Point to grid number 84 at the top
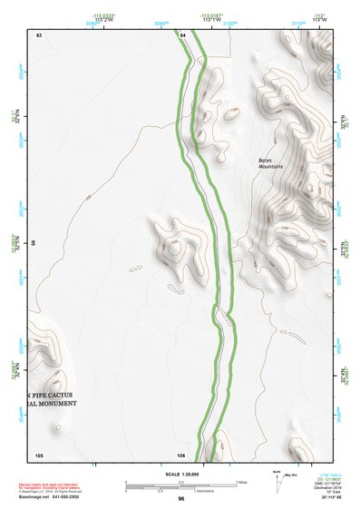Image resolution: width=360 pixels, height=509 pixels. [182, 34]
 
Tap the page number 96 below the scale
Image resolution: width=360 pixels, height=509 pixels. [181, 498]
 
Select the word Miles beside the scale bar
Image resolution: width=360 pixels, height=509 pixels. [241, 481]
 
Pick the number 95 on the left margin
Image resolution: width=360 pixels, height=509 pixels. [34, 243]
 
